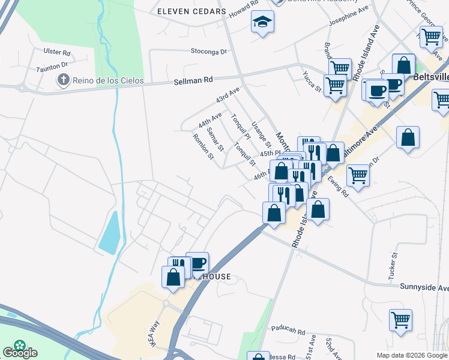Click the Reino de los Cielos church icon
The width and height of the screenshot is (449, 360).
(x=62, y=80)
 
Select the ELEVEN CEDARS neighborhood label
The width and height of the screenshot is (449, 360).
(x=191, y=11)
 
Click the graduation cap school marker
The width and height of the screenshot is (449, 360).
(x=262, y=22)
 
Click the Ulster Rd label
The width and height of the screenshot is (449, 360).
(x=57, y=52)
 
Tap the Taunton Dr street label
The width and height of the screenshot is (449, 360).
(x=53, y=68)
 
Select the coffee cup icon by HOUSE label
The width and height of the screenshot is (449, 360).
(x=197, y=262)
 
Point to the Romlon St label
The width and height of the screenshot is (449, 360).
(x=203, y=147)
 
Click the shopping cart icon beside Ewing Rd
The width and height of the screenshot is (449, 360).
(x=358, y=175)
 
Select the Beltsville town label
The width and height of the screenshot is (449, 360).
(x=431, y=77)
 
